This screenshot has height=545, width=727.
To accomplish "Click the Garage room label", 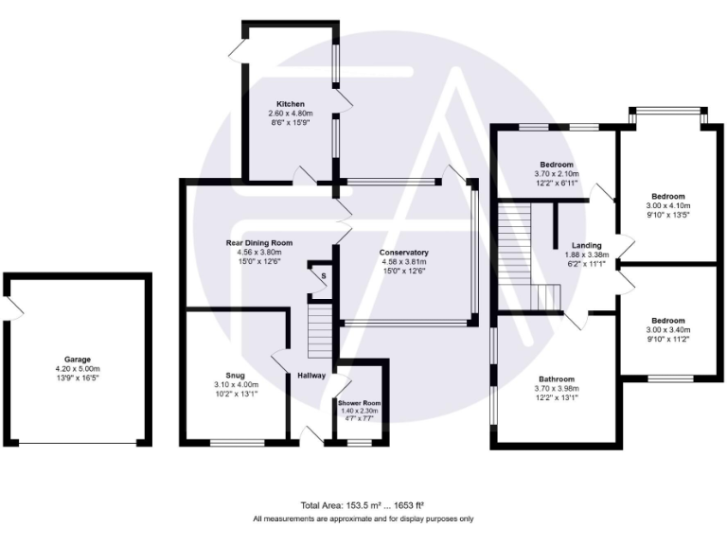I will pyautogui.click(x=78, y=360).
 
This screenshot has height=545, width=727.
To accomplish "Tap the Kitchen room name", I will pyautogui.click(x=290, y=103).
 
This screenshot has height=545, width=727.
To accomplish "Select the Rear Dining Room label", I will pyautogui.click(x=258, y=243).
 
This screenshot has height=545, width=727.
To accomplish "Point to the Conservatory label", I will pyautogui.click(x=404, y=253).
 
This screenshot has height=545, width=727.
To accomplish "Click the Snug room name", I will pyautogui.click(x=237, y=375).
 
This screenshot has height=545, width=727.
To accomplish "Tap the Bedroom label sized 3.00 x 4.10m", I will pyautogui.click(x=668, y=196).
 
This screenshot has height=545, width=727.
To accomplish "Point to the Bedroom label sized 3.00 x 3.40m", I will pyautogui.click(x=668, y=321).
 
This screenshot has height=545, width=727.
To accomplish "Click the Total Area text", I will pyautogui.click(x=363, y=506).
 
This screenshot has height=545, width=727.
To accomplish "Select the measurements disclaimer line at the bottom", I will pyautogui.click(x=363, y=519).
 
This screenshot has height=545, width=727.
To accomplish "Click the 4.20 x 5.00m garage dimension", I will pyautogui.click(x=78, y=369).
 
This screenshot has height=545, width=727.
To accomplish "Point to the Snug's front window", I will pyautogui.click(x=231, y=442).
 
